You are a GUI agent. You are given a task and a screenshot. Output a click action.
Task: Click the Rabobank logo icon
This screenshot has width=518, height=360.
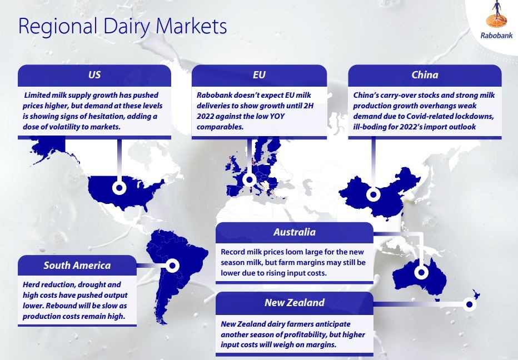tap(496, 14)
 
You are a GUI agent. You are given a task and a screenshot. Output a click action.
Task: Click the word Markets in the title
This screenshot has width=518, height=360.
tap(191, 26)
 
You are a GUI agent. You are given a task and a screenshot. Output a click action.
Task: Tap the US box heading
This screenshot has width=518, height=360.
tap(94, 74)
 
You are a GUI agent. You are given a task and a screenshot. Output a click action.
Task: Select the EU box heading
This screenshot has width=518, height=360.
tap(259, 74)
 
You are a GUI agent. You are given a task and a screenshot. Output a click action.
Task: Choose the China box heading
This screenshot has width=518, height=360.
tap(425, 74)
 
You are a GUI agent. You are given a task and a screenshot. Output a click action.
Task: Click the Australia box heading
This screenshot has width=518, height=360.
tap(295, 232)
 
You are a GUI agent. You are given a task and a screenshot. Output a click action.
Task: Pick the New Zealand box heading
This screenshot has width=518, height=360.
tap(295, 302)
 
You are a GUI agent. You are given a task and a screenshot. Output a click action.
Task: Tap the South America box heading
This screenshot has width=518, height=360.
tap(77, 265)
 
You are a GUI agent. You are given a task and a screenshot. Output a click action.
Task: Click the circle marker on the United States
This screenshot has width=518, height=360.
tap(119, 188)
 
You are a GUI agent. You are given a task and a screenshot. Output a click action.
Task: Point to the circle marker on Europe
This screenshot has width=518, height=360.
tap(250, 179)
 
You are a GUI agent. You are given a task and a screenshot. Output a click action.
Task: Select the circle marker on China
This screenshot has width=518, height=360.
tap(373, 194)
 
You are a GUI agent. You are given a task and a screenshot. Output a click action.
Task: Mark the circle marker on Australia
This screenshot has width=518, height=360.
tap(421, 272)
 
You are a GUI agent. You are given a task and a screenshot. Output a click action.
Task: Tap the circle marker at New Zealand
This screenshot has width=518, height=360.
tap(469, 304)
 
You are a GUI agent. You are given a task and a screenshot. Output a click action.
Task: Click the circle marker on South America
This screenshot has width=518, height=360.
tap(172, 265)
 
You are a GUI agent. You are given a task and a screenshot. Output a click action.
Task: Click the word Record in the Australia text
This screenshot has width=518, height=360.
tap(232, 252)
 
